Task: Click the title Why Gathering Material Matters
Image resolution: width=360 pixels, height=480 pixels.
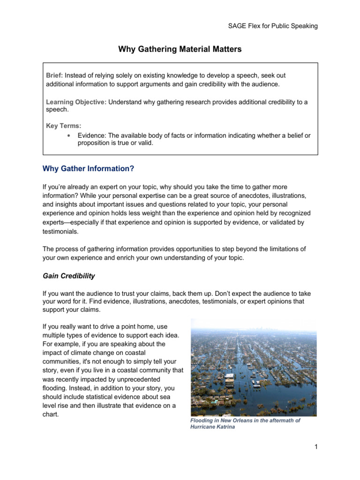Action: (x=180, y=49)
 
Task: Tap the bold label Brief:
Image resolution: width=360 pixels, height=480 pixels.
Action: (x=54, y=75)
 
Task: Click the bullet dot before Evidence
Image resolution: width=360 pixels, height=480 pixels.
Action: (x=69, y=135)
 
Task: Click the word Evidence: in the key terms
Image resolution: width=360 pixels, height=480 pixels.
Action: (x=92, y=135)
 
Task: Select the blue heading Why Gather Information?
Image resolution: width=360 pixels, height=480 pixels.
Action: (x=89, y=168)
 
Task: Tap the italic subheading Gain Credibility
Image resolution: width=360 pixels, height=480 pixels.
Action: (x=68, y=276)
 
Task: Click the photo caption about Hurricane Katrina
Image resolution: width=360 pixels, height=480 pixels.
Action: (x=245, y=424)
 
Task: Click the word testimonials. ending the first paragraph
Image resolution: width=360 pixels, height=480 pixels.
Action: (x=61, y=232)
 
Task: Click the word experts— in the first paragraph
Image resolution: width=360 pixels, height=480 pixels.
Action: (x=57, y=223)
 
